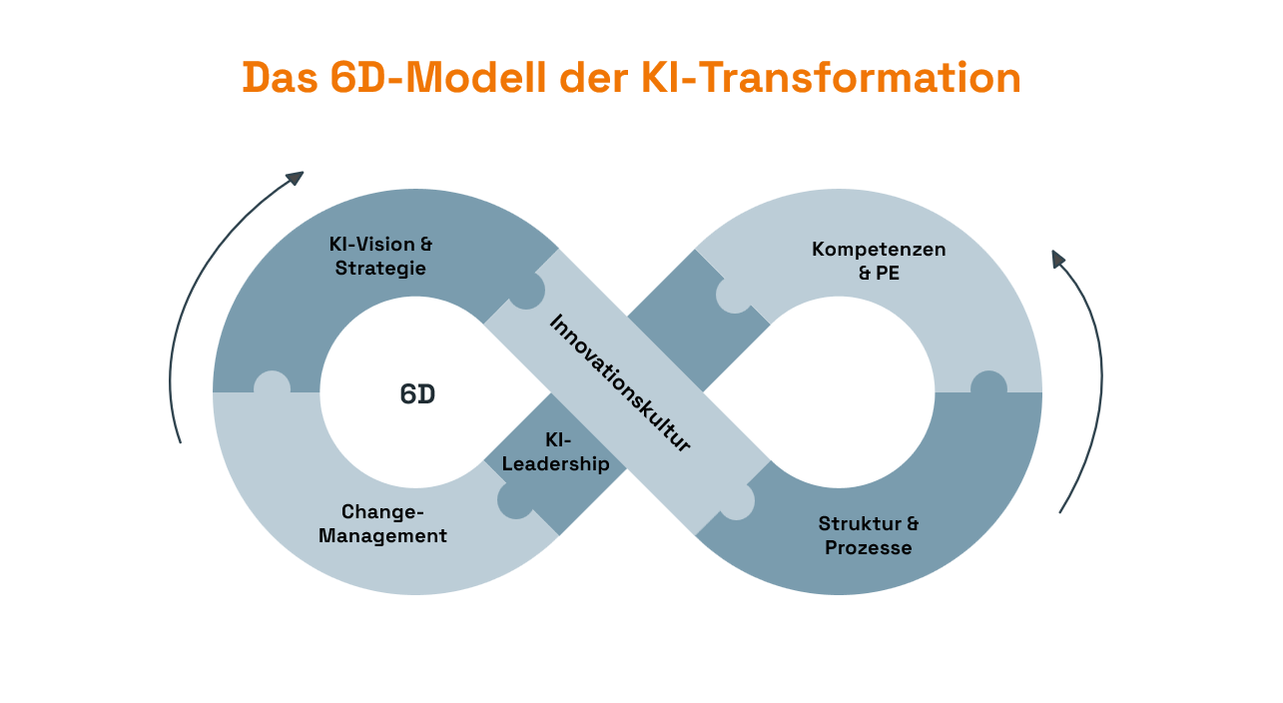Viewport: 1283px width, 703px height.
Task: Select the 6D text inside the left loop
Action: (x=417, y=394)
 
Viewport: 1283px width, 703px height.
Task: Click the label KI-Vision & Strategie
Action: (x=380, y=256)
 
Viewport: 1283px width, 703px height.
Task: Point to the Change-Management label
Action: (x=382, y=524)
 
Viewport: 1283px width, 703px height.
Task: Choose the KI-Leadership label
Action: (x=556, y=451)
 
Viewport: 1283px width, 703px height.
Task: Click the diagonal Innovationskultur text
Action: (x=620, y=382)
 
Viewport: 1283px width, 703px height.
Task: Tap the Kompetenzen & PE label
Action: (x=879, y=260)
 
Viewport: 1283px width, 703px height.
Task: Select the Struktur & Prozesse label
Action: (x=869, y=535)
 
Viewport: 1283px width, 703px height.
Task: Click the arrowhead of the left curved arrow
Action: (x=295, y=178)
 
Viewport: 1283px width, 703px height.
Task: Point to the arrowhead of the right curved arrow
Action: (x=1058, y=259)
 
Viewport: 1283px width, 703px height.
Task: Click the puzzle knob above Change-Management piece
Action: (x=272, y=385)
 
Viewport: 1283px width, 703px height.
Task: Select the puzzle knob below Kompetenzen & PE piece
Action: (x=988, y=385)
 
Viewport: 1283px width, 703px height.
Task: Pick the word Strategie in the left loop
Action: (x=380, y=269)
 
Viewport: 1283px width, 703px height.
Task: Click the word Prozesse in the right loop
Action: (x=869, y=548)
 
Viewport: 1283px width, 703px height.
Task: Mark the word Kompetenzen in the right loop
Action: (x=879, y=248)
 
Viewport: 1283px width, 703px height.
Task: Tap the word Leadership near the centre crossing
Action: (x=556, y=464)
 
